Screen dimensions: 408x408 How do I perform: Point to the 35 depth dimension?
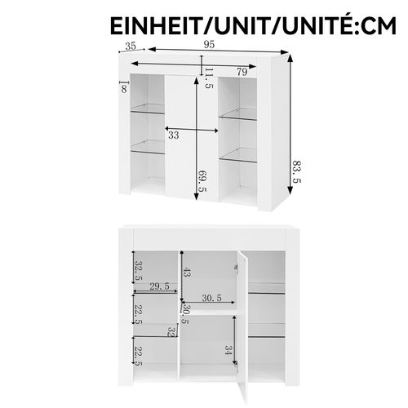click(130, 47)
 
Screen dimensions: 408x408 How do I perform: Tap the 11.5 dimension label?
click(209, 78)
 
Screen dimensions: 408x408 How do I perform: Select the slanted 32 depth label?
click(171, 332)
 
